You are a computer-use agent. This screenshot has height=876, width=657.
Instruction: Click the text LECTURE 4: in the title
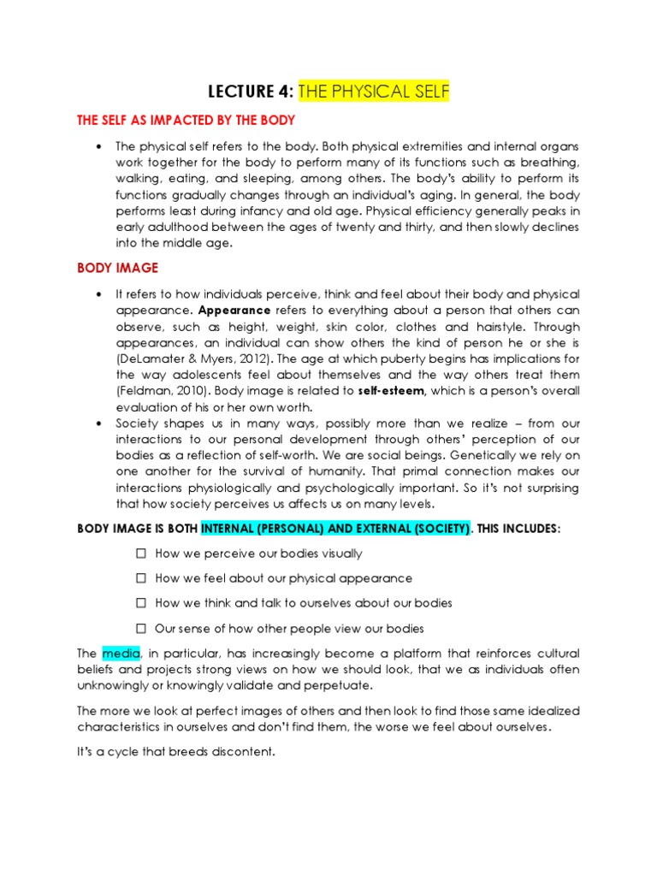coord(251,92)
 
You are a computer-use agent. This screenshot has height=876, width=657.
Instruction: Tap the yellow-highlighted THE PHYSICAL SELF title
coord(373,92)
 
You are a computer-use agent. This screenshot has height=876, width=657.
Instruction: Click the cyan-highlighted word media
coord(119,654)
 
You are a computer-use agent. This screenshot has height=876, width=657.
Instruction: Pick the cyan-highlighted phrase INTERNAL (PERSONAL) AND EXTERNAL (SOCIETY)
coord(335,530)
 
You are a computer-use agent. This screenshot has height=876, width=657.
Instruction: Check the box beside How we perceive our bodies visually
coord(141,554)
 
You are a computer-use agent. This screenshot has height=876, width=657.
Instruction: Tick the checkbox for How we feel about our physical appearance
coord(141,579)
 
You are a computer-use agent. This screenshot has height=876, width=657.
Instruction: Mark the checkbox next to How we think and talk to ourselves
coord(141,604)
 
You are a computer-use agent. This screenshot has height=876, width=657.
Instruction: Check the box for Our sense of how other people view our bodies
coord(141,629)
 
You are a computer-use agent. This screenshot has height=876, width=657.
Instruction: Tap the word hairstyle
coord(553,326)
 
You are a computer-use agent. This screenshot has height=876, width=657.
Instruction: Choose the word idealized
coord(553,711)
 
